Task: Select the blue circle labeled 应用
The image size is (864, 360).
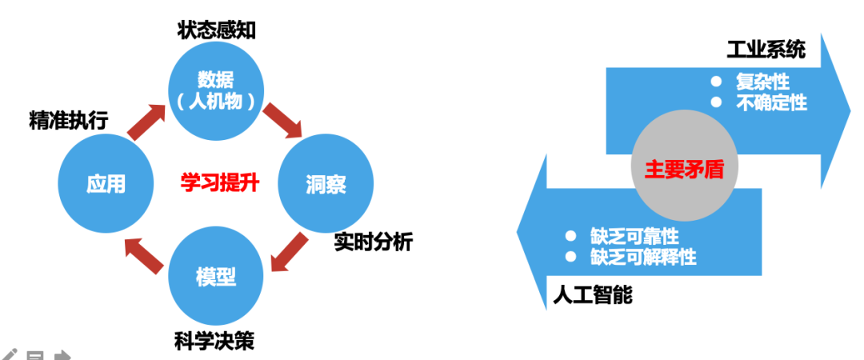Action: pos(106,183)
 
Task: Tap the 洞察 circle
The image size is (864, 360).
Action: pos(325,183)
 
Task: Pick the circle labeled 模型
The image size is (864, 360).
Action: pos(215,277)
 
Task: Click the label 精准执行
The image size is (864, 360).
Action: pos(68,120)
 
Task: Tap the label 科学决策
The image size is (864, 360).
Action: pos(214,342)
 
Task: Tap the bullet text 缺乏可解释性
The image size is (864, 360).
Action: pos(643,257)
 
